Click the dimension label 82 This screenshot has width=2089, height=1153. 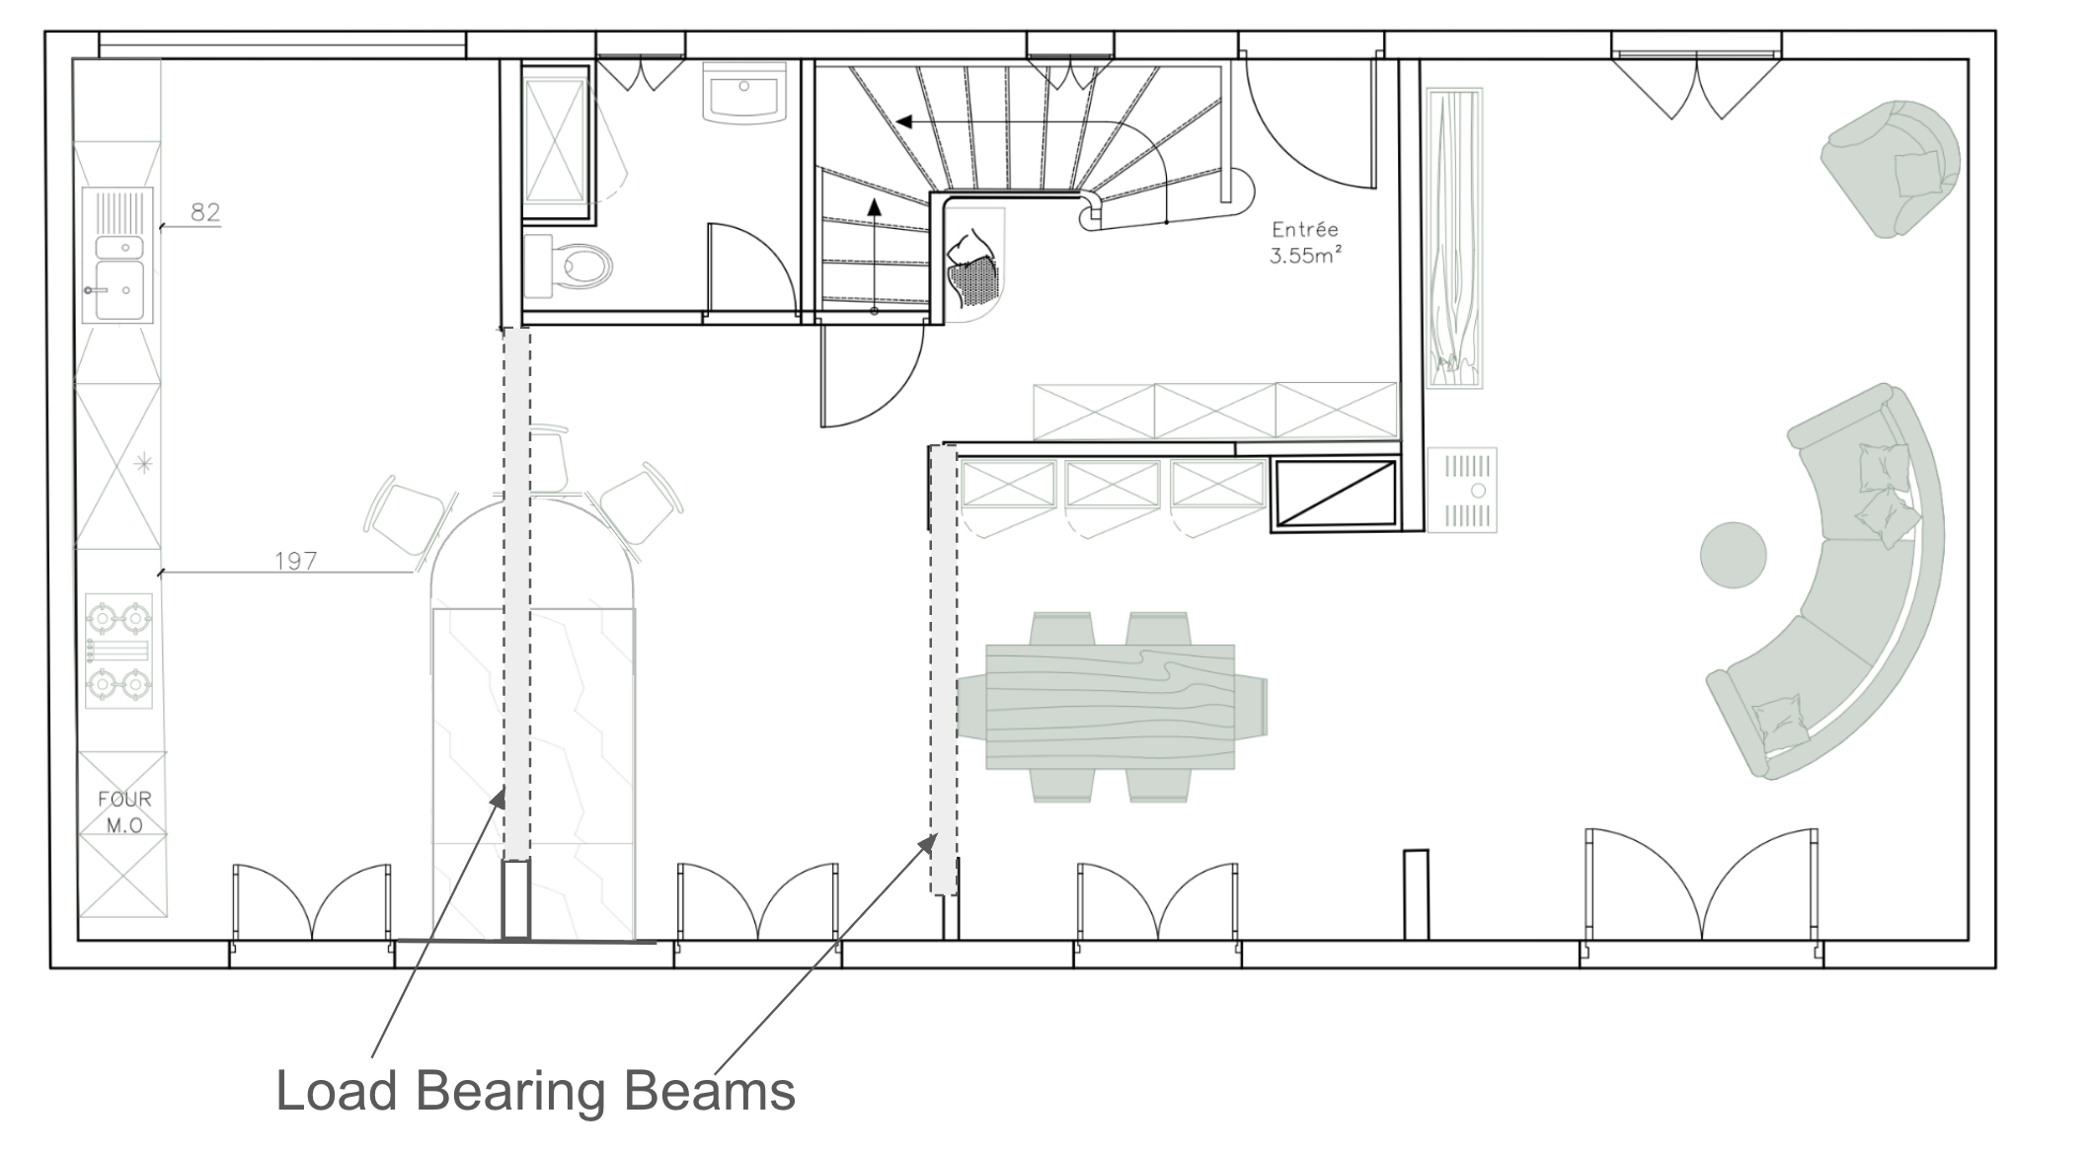pyautogui.click(x=205, y=212)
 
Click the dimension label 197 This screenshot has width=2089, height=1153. pyautogui.click(x=295, y=561)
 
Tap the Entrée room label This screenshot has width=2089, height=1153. pyautogui.click(x=1305, y=229)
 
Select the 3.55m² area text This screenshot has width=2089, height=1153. pyautogui.click(x=1305, y=256)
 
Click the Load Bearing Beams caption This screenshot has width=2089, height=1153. pyautogui.click(x=536, y=1091)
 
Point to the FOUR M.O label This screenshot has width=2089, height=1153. pyautogui.click(x=125, y=811)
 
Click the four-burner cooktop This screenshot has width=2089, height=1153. pyautogui.click(x=119, y=651)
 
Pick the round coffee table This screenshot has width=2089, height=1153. pyautogui.click(x=1733, y=555)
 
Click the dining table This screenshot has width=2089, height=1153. pyautogui.click(x=1111, y=707)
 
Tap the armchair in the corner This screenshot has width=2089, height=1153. pyautogui.click(x=1891, y=168)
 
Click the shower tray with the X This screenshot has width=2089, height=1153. pyautogui.click(x=556, y=141)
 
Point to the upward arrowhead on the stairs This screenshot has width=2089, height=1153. pyautogui.click(x=874, y=206)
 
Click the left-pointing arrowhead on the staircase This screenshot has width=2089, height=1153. pyautogui.click(x=903, y=121)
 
